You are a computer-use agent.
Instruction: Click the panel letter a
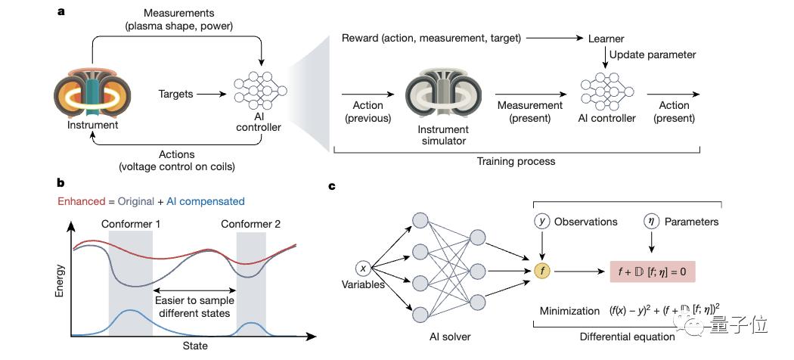pos(61,11)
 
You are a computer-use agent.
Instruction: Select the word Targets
pos(175,95)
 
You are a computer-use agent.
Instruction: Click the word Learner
pos(606,39)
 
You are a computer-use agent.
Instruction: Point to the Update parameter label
pos(653,54)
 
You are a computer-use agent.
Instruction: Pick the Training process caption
pos(516,162)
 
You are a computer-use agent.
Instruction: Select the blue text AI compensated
pos(206,201)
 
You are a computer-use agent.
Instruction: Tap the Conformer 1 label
pos(130,224)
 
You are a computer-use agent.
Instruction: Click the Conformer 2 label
pos(250,224)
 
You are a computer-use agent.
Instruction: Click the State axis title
pos(195,346)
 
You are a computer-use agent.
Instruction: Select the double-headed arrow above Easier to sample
pos(195,290)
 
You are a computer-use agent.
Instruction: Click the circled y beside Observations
pos(542,222)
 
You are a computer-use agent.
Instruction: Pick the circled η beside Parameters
pos(650,222)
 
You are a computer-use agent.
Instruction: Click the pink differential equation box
pos(652,272)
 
